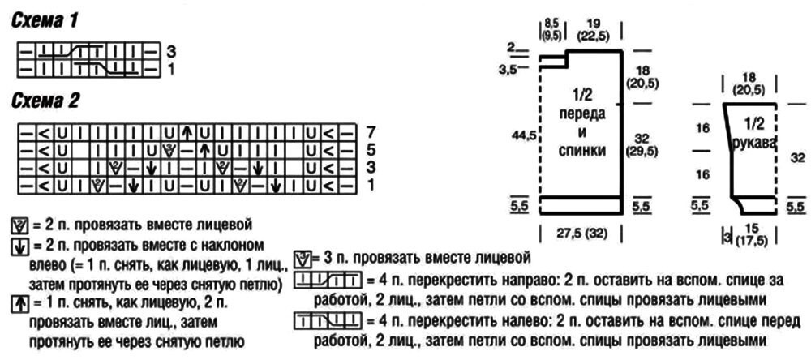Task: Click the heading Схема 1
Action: [45, 22]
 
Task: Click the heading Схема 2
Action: [46, 101]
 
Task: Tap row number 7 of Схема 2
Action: [372, 131]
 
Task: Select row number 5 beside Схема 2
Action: [372, 149]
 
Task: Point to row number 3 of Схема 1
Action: [171, 51]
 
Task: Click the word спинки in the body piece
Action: [580, 151]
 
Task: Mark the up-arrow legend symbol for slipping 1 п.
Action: [19, 302]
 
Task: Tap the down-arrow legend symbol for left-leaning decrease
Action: [19, 244]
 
